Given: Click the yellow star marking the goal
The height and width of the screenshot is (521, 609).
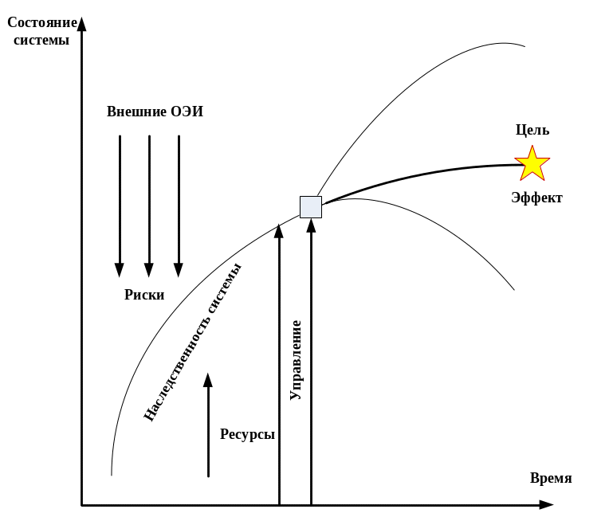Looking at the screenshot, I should tap(532, 163).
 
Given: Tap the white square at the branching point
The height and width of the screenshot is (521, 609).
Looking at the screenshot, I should tap(310, 206).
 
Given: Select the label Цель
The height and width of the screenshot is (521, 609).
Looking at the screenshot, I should tap(532, 131).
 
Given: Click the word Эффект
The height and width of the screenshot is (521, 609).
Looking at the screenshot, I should tap(536, 198).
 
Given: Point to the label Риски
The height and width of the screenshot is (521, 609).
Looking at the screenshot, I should tap(145, 295).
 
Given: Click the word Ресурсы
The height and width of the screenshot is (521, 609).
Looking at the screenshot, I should tap(248, 434).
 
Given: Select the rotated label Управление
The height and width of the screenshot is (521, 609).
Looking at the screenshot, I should tap(296, 359).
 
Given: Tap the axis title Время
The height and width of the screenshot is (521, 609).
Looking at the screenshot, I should tap(551, 478).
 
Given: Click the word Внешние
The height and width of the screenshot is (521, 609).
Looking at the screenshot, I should tap(136, 112).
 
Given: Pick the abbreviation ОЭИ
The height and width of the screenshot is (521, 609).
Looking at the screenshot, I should tap(187, 112).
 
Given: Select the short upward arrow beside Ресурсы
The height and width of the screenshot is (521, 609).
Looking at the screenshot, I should tap(208, 426).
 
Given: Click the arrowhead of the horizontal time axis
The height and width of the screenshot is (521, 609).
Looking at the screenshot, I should tap(545, 504).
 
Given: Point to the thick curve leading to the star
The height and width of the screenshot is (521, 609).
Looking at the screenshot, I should tap(422, 174).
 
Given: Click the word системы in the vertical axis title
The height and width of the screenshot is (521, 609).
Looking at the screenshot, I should tap(36, 40).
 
